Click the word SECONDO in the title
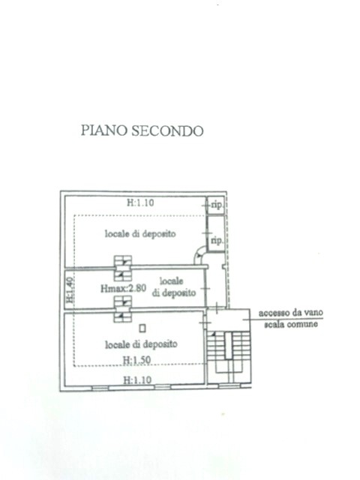[x=167, y=130]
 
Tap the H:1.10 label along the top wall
[x=140, y=202]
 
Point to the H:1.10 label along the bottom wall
[x=137, y=380]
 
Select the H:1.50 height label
[x=136, y=360]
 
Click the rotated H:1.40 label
[x=70, y=289]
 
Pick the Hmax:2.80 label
[x=123, y=288]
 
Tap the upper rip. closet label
[x=217, y=205]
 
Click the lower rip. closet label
[x=217, y=240]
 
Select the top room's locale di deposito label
[x=140, y=233]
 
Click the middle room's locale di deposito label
[x=173, y=286]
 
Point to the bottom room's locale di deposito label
[x=141, y=344]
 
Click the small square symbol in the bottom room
[x=142, y=328]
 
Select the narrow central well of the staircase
[x=229, y=346]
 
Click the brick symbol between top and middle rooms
[x=123, y=268]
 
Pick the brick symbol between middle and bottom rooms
[x=123, y=309]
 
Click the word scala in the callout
[x=274, y=323]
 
